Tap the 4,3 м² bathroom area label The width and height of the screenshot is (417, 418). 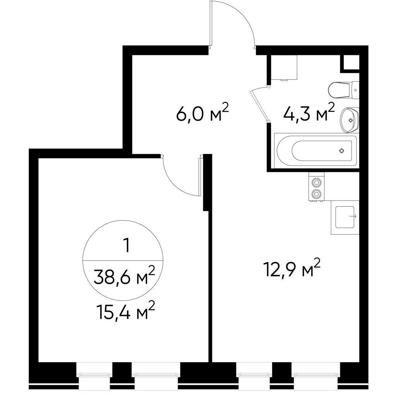pos(309,113)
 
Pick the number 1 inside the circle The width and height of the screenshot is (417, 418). pos(126,246)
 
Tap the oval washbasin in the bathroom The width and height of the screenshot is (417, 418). pos(350,120)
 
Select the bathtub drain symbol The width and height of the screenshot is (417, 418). pos(341,151)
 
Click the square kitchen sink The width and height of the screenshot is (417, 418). pos(345,217)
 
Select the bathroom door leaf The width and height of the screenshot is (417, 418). pos(259,104)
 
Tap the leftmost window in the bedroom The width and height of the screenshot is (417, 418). pos(94,374)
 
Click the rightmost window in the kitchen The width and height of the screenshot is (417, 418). pos(315,374)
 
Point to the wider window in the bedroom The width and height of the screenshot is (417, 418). pos(156,374)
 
